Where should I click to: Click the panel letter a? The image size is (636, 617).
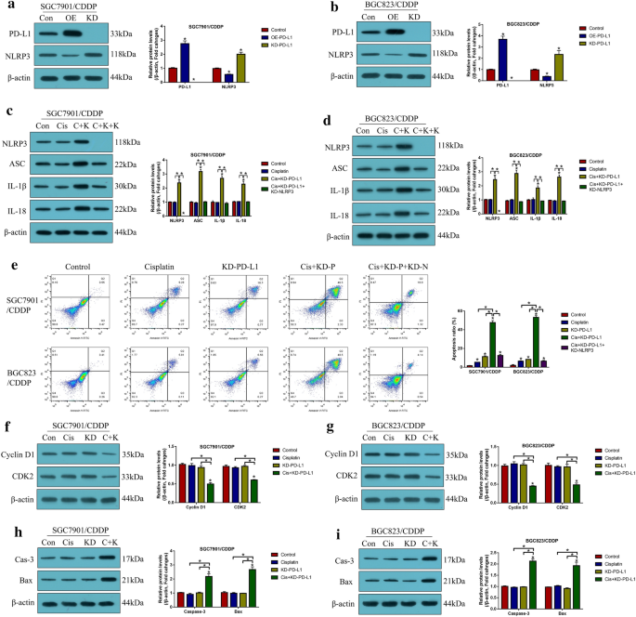point(8,7)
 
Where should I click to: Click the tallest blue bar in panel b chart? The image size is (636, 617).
point(502,59)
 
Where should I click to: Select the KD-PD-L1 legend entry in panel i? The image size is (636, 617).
point(603,559)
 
